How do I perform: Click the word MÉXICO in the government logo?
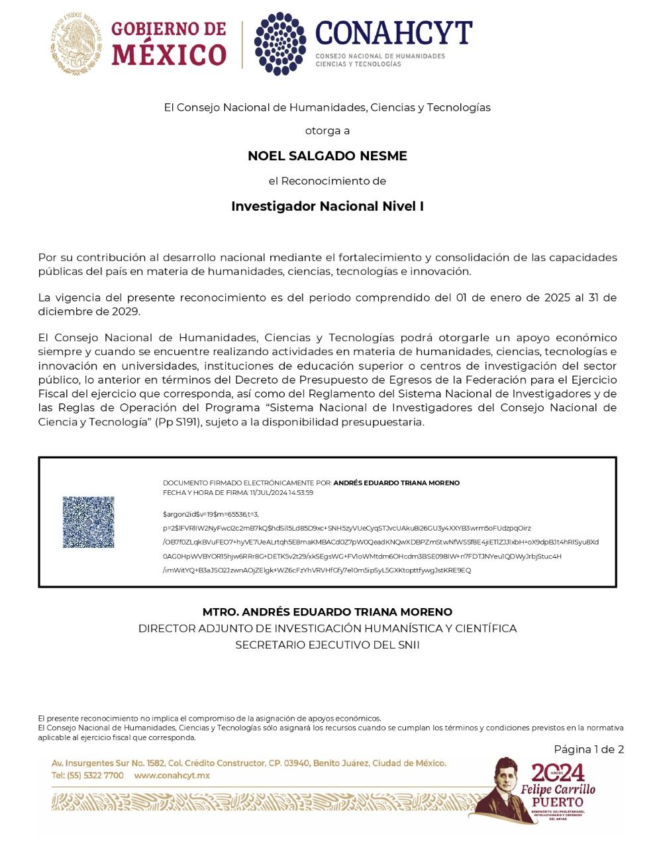point(169,55)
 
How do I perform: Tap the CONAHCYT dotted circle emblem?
point(280,44)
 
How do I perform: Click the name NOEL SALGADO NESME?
point(327,156)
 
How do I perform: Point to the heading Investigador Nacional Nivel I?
point(327,207)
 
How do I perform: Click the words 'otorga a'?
point(327,131)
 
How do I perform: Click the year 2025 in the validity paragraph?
point(557,298)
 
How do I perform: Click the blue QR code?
point(88,522)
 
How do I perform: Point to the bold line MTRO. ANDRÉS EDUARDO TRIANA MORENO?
point(327,612)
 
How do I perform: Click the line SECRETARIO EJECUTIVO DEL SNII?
point(327,645)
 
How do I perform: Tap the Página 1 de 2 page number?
point(589,750)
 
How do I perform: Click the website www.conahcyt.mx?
point(172,776)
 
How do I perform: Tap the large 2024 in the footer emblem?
point(558,772)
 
